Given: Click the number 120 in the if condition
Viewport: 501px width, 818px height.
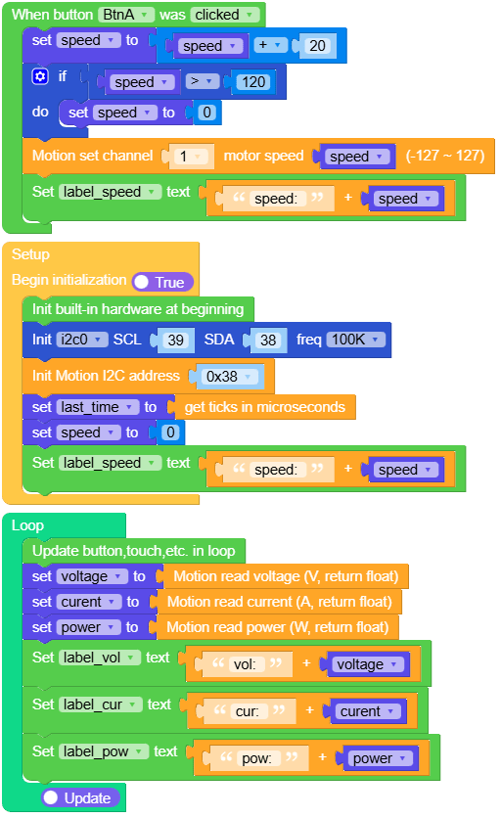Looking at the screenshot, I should [253, 82].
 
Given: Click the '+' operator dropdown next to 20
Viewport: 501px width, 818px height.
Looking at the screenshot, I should [278, 46].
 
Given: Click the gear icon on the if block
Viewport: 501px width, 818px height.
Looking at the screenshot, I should [40, 76].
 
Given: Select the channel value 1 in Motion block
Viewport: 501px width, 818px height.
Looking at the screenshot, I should [197, 157].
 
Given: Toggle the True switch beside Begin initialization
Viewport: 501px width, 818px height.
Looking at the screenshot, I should [162, 282].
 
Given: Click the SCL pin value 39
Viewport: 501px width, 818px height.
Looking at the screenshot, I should [175, 341].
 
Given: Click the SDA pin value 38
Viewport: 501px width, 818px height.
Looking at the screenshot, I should [264, 341].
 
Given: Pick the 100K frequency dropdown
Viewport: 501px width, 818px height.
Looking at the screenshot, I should [355, 341].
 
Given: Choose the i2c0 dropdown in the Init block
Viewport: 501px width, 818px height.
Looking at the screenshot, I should [81, 341].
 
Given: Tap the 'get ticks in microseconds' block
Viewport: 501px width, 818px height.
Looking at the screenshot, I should [263, 407].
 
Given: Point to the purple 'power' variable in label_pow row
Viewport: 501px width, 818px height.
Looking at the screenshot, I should [377, 758].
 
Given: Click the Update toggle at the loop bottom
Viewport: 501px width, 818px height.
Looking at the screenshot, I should [80, 798].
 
